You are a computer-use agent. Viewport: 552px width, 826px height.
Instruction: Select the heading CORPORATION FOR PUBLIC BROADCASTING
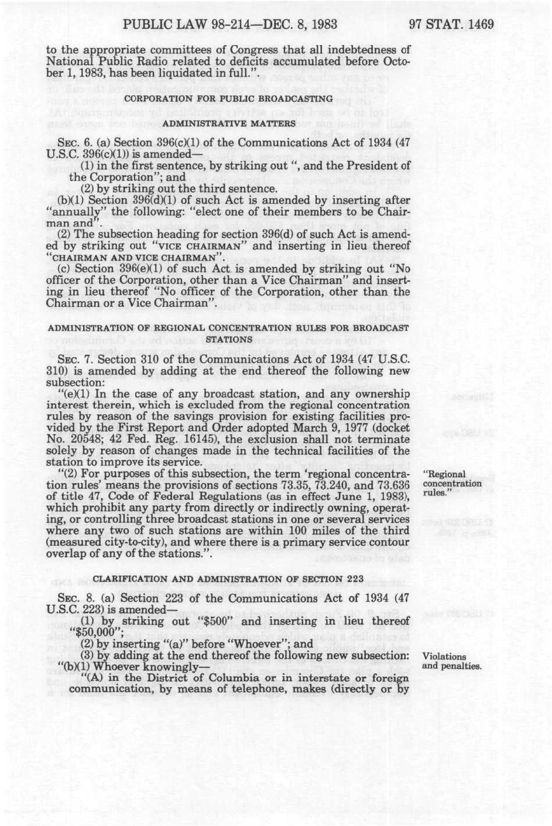(x=228, y=98)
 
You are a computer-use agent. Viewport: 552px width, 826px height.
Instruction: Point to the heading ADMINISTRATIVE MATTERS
(x=228, y=124)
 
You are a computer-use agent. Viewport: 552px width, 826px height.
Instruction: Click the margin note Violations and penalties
(x=451, y=661)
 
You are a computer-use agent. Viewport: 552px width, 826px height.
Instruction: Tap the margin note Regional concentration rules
(x=451, y=483)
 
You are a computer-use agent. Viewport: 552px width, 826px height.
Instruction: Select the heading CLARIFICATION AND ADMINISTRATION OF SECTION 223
(x=228, y=578)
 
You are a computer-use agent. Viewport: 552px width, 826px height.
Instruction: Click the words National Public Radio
(x=109, y=60)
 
